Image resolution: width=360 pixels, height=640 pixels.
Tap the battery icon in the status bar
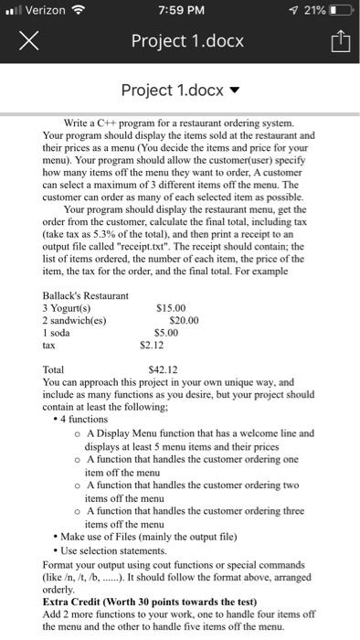click(339, 9)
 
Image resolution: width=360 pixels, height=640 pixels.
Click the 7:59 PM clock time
click(180, 9)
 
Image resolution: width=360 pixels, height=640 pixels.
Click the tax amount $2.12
click(154, 345)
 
